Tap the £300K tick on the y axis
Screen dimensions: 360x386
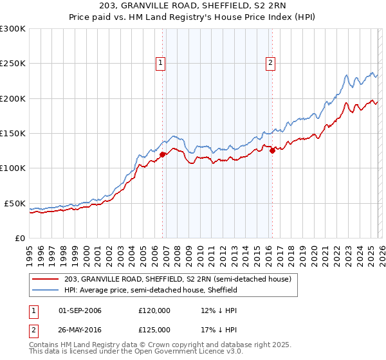13,29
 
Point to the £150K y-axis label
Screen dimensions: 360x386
13,133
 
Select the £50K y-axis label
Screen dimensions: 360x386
15,203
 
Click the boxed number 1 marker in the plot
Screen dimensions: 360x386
160,62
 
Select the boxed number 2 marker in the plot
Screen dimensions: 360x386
270,62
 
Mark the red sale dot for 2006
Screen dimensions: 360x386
162,154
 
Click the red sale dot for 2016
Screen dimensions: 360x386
272,150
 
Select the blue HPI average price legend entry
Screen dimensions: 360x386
151,290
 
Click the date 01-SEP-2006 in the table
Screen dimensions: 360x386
80,310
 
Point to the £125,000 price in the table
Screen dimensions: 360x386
154,330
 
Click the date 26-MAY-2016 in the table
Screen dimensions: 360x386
80,330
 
